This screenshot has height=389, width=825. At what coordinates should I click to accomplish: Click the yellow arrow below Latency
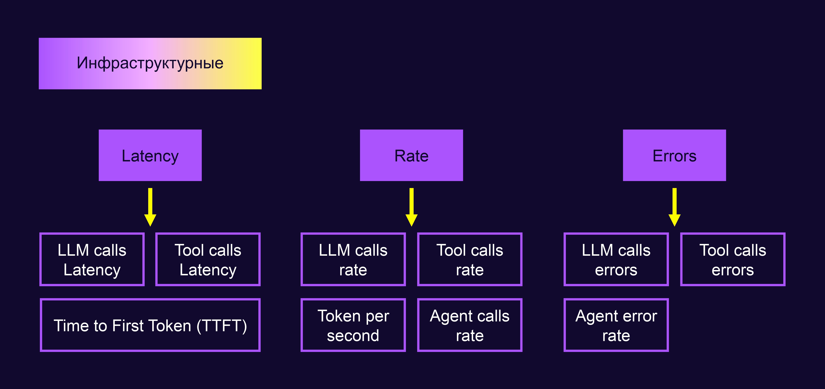[150, 207]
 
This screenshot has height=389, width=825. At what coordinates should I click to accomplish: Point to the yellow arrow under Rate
[412, 207]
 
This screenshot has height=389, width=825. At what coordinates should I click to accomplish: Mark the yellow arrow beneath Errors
[675, 207]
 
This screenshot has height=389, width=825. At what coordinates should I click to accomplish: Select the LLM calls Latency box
[92, 259]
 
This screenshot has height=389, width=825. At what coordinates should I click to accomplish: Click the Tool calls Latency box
[208, 259]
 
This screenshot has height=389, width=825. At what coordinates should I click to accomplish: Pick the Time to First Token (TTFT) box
[150, 325]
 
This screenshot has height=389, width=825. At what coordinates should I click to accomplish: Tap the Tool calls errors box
[733, 259]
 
